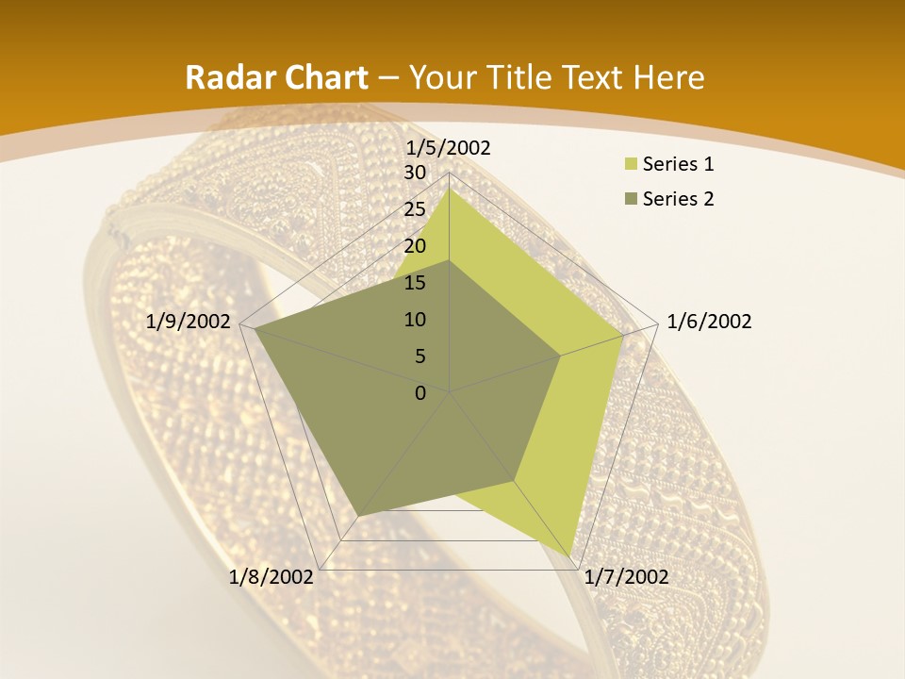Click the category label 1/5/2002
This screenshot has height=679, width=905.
click(449, 147)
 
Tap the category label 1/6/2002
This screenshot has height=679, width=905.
click(709, 322)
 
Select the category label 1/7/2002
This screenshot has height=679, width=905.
click(626, 577)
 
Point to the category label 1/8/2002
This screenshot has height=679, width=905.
click(271, 577)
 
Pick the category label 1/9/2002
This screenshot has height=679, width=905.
click(189, 322)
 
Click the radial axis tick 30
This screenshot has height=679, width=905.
click(415, 173)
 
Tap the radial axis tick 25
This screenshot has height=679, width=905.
click(415, 209)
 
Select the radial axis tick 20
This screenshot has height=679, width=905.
click(415, 246)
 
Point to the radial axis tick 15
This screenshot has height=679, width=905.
click(415, 283)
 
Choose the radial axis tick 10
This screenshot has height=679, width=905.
click(415, 320)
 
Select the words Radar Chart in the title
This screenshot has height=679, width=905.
click(276, 77)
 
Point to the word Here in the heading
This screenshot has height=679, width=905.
click(669, 77)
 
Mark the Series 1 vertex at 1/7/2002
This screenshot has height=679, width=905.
click(571, 555)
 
